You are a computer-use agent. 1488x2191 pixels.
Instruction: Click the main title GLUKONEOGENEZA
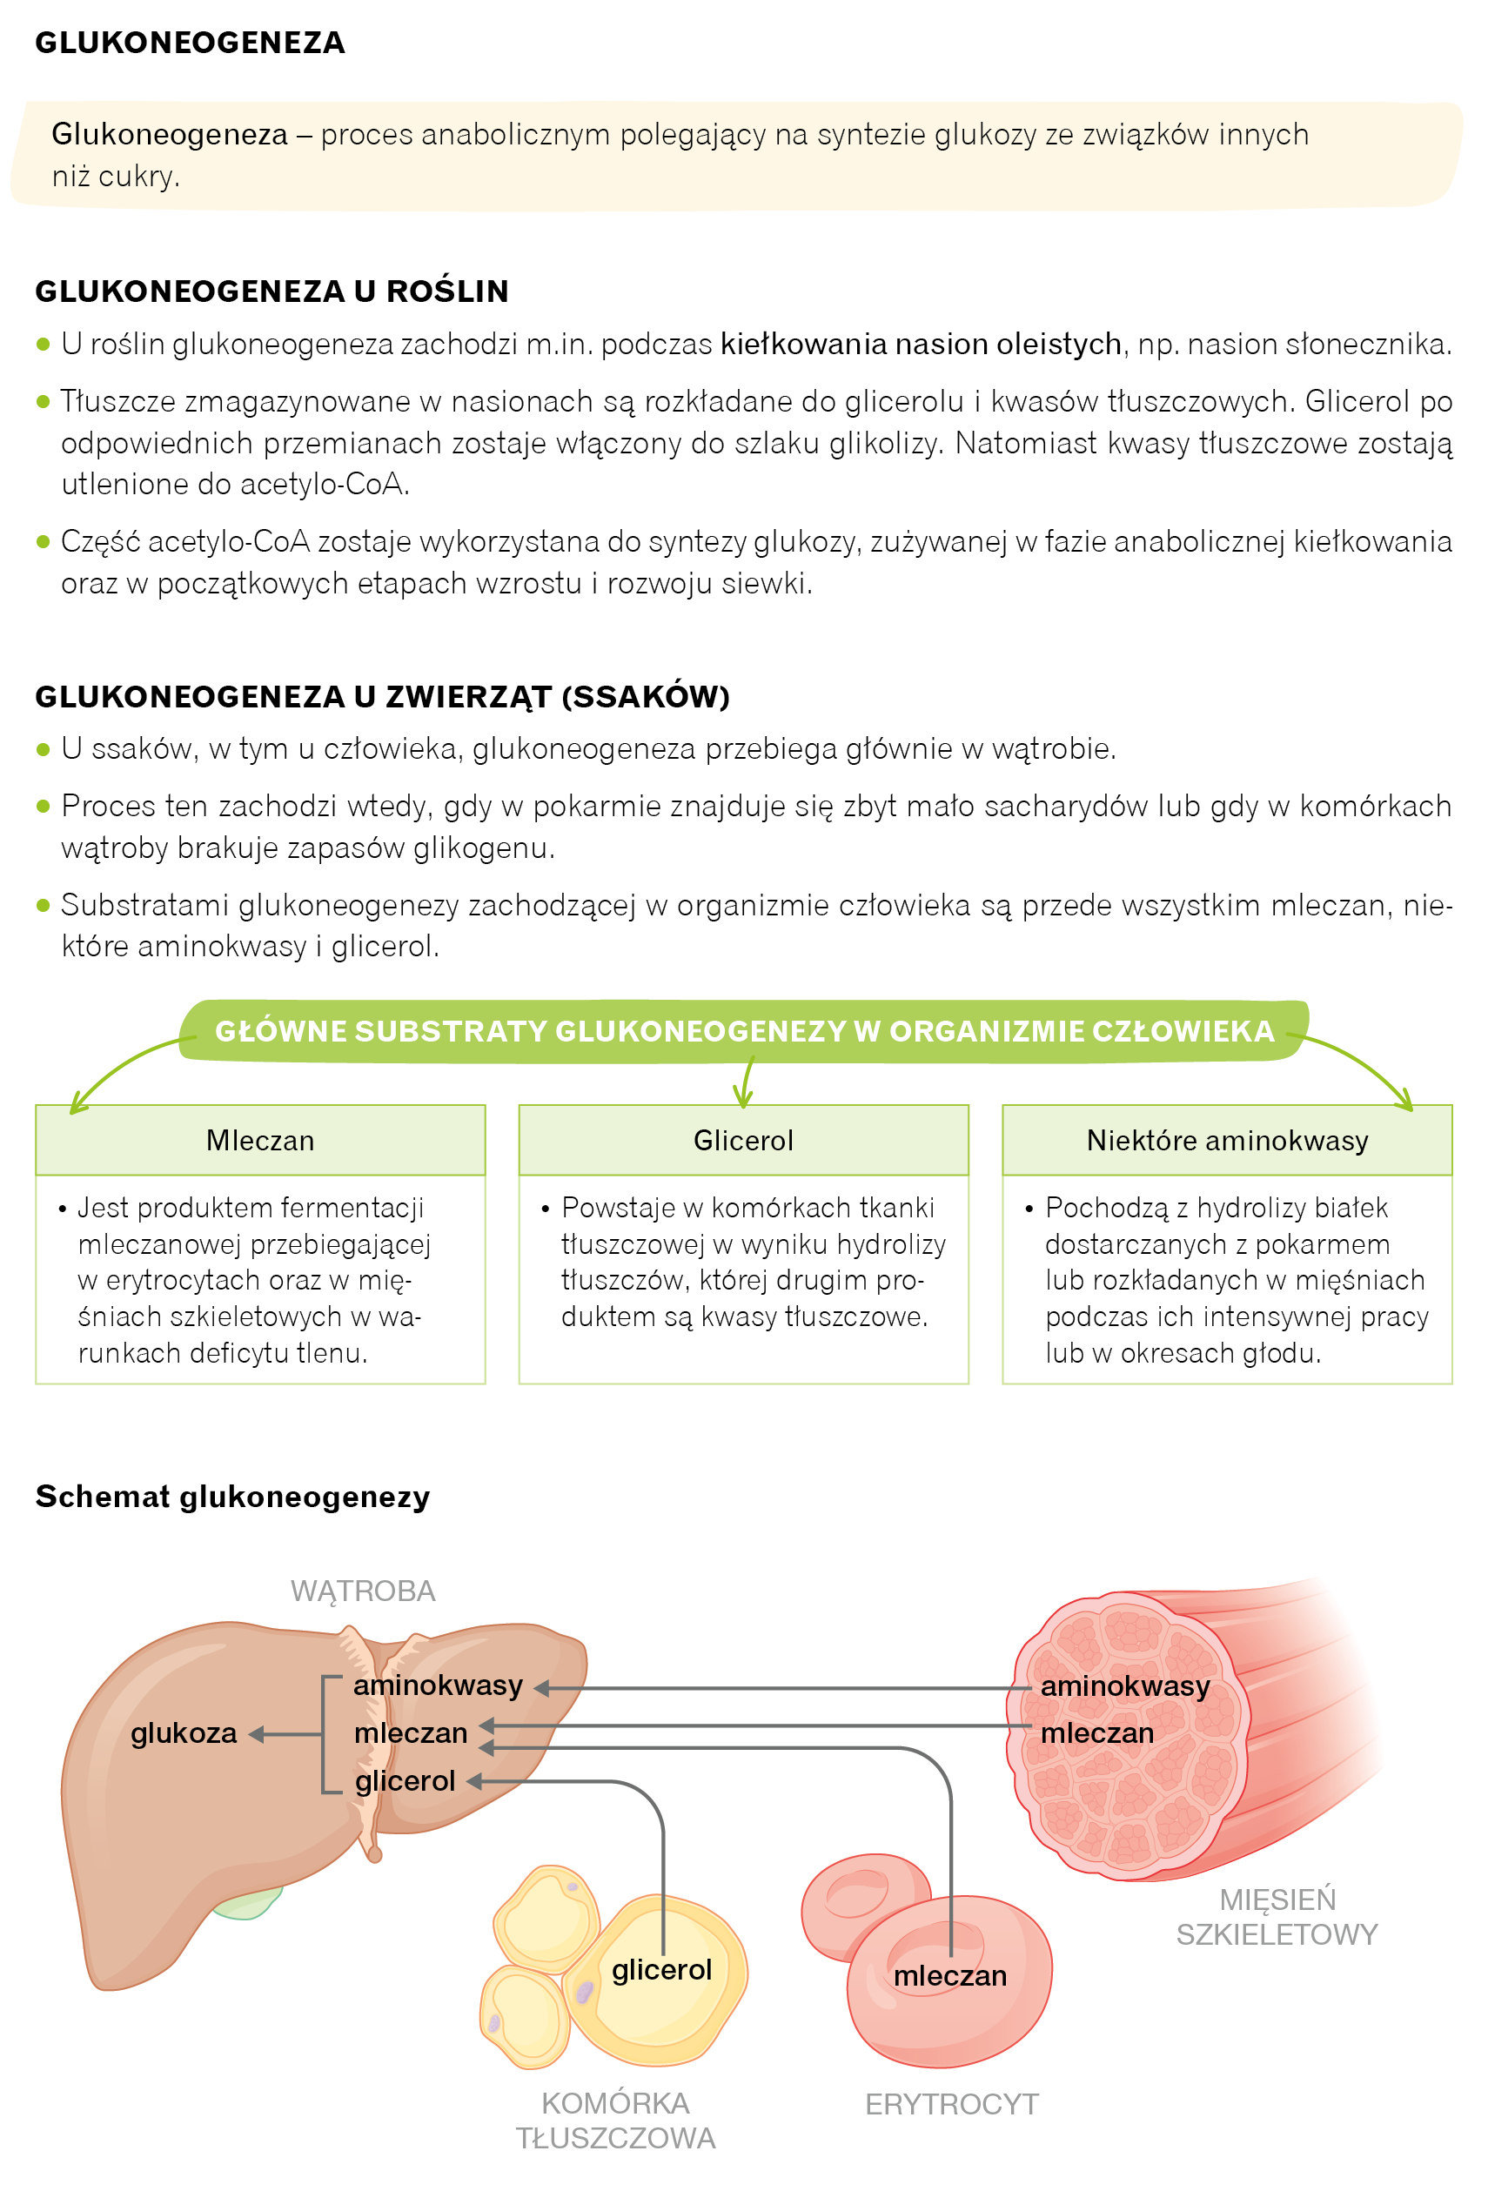point(190,43)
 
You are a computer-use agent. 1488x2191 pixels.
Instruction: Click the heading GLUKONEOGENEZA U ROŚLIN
point(271,291)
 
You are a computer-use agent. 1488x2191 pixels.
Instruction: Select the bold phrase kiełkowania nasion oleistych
point(920,344)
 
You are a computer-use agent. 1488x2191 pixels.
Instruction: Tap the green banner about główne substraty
point(743,1030)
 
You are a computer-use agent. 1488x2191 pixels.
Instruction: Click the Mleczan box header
point(260,1140)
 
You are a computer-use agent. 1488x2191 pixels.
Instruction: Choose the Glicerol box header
point(743,1140)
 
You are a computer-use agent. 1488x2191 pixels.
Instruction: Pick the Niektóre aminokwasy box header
point(1226,1140)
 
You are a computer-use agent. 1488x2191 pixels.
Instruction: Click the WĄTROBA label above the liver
point(362,1591)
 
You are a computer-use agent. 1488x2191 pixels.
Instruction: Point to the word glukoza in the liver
point(184,1732)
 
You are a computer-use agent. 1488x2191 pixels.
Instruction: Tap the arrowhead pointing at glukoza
point(256,1734)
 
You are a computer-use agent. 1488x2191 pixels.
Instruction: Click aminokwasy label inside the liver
point(438,1685)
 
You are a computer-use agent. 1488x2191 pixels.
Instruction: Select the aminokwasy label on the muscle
point(1124,1685)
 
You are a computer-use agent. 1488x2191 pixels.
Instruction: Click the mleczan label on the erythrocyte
point(949,1975)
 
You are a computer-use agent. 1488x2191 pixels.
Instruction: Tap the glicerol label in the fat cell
point(661,1969)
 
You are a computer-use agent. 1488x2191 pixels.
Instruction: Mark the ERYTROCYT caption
point(951,2103)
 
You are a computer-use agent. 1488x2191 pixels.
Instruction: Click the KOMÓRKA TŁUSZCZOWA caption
point(615,2121)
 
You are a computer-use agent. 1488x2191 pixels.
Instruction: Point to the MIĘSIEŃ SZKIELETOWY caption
point(1276,1917)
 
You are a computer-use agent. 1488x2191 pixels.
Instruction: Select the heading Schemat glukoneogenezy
point(232,1496)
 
